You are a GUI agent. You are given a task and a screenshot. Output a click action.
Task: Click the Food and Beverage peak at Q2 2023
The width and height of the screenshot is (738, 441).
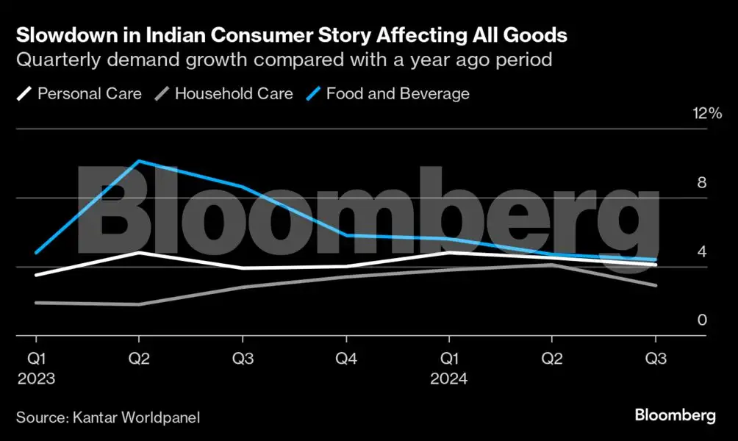139,161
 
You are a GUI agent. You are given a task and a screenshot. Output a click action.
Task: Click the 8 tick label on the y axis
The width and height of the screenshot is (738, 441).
701,183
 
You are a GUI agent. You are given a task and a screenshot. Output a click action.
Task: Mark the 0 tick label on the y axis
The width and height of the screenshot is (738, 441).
701,320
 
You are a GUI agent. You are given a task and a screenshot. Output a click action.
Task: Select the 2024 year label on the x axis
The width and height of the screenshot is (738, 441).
448,379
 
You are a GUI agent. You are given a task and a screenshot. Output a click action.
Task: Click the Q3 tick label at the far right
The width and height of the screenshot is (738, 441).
656,359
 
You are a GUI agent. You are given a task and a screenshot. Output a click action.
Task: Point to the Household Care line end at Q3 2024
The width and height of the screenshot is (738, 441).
656,285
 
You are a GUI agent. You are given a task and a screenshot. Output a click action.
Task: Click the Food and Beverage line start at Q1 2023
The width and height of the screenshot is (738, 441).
35,253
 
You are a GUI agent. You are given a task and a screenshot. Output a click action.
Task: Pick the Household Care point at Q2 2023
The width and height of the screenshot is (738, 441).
139,304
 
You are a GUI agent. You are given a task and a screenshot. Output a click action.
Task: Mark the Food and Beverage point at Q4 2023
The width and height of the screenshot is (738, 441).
345,235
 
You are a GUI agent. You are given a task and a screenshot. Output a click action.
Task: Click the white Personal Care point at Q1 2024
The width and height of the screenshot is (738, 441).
448,252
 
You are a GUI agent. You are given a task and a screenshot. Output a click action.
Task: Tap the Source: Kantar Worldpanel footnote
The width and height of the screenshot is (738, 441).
108,417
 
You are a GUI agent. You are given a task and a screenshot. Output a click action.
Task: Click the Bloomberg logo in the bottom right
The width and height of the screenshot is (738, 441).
675,416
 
